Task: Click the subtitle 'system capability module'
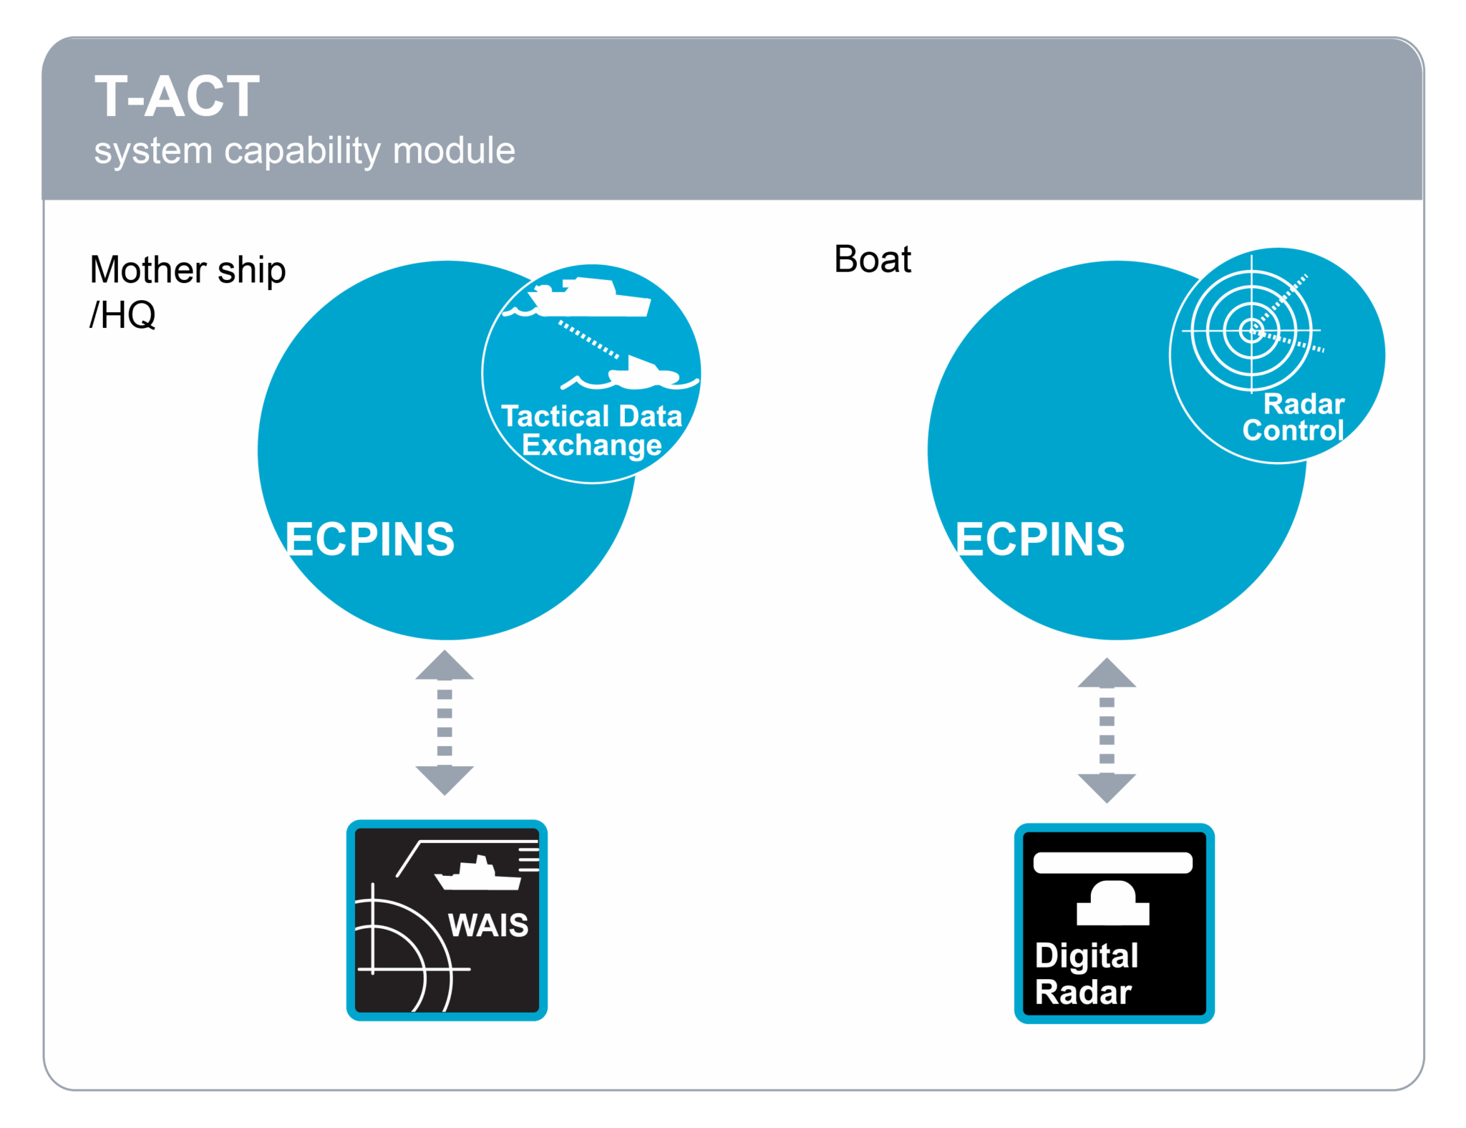pos(304,151)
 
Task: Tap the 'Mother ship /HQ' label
pos(187,291)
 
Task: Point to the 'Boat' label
pos(872,259)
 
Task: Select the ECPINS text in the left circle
pos(369,539)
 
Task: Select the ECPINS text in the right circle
pos(1039,539)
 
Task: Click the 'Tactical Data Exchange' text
pos(591,430)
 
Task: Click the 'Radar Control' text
pos(1293,418)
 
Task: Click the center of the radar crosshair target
pos(1251,330)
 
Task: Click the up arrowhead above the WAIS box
pos(445,666)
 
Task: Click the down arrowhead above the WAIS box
pos(445,778)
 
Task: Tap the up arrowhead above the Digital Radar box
pos(1107,674)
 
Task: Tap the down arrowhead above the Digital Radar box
pos(1107,786)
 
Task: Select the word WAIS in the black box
pos(488,925)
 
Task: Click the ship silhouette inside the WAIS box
pos(477,875)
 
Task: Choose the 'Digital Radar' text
pos(1085,974)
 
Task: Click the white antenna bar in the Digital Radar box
pos(1112,863)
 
